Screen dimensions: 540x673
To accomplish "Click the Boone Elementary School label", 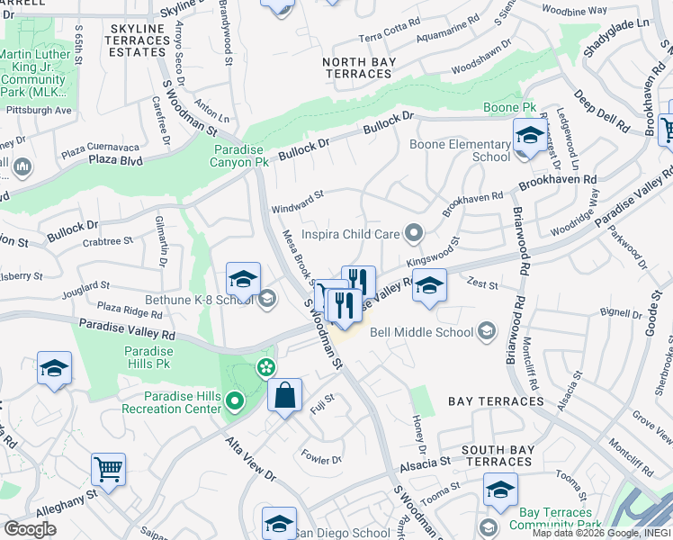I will [460, 150].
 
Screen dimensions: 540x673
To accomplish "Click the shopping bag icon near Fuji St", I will [284, 395].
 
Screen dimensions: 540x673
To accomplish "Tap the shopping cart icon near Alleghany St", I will [108, 469].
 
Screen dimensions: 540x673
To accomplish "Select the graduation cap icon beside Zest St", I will [430, 287].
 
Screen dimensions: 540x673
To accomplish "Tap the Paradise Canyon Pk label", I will [241, 157].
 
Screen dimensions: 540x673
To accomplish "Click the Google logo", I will [30, 529].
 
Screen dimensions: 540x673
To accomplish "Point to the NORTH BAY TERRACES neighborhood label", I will [358, 67].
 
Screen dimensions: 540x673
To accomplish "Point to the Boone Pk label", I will [509, 107].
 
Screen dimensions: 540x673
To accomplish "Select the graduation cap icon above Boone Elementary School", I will [528, 136].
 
